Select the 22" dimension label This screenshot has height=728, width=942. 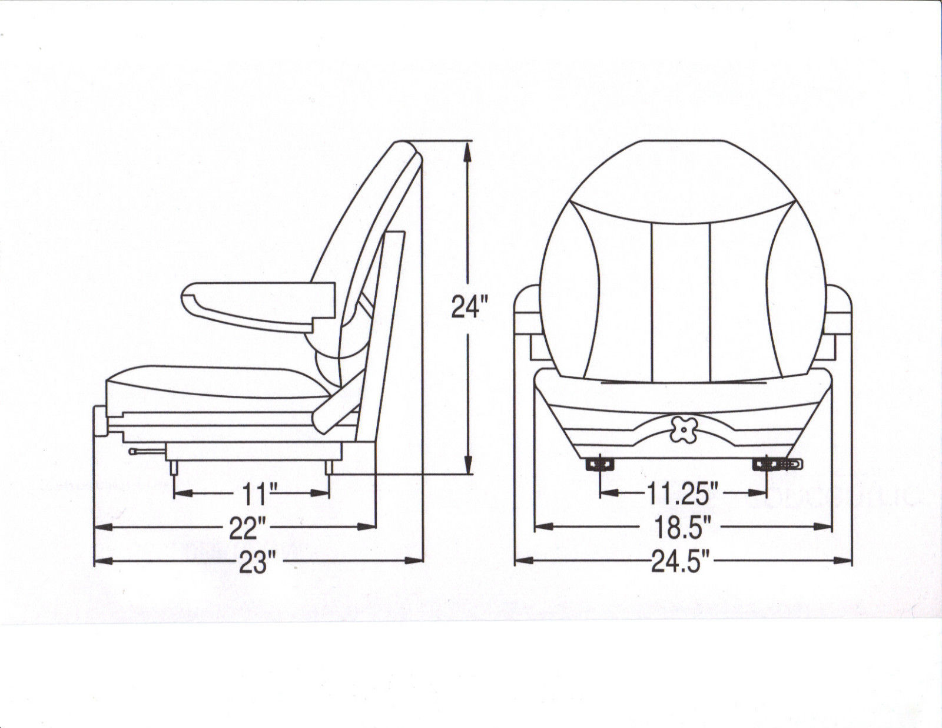[x=243, y=528]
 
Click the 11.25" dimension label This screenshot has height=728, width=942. [x=684, y=494]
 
